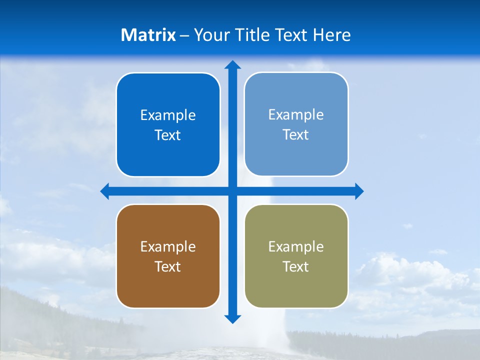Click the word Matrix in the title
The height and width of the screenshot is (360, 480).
pos(148,35)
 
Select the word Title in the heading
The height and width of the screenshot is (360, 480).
pos(253,35)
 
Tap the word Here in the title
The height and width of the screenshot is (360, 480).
pos(332,35)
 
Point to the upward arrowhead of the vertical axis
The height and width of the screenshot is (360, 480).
pos(232,64)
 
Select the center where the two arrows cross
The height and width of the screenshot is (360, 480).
pos(232,191)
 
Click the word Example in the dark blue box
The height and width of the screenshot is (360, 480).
pos(168,115)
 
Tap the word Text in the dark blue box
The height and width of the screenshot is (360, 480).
pos(168,135)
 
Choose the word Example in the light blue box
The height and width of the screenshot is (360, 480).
pos(296,115)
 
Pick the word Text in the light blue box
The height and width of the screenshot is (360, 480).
pos(296,135)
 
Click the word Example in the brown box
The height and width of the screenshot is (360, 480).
pos(168,247)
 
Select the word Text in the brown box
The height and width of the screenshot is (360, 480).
pos(168,267)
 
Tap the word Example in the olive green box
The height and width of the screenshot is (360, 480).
pos(296,247)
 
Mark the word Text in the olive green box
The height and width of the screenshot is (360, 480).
pos(296,267)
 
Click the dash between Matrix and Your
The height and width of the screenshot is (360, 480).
pos(184,35)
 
